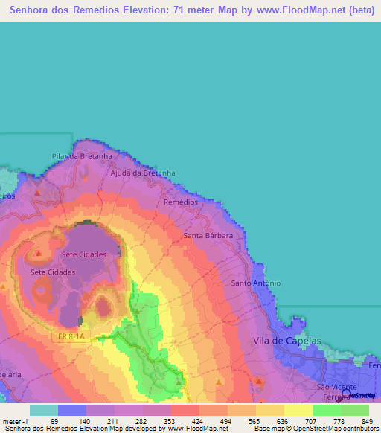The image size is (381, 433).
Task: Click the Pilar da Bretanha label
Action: point(82,156)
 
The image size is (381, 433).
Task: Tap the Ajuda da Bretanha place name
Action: point(142,173)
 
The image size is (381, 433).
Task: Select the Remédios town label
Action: point(180,202)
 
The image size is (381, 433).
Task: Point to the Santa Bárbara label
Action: point(209,235)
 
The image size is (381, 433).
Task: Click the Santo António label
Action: point(256,283)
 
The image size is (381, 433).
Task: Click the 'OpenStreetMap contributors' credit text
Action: point(334,429)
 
